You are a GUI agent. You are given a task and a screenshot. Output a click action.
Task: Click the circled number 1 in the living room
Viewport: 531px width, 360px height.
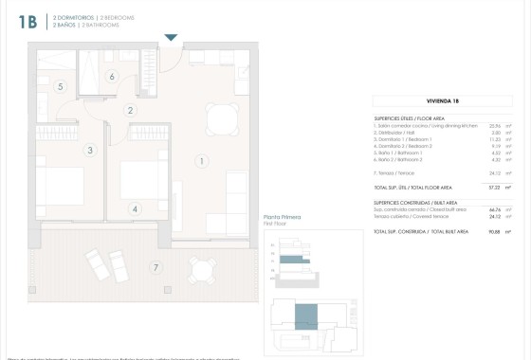(202, 161)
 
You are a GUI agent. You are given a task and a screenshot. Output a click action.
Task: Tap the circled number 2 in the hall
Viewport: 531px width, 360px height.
(130, 111)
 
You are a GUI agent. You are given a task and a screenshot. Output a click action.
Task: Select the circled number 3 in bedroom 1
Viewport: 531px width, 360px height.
(90, 150)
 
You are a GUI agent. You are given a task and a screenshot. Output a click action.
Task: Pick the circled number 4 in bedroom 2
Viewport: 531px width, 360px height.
(136, 209)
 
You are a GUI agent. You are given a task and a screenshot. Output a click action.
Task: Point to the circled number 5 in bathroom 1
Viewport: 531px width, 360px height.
(60, 87)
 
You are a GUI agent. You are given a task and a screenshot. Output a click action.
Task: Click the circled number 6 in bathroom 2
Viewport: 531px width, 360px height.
(111, 77)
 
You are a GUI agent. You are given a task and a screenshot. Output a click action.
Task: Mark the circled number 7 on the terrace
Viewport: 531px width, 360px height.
(155, 268)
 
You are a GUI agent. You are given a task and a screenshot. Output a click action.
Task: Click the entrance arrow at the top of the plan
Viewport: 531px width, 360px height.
(171, 38)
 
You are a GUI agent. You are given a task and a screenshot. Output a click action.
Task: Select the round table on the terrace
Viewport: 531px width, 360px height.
(200, 272)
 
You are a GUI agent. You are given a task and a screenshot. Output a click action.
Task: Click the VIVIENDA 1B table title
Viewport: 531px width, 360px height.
(443, 99)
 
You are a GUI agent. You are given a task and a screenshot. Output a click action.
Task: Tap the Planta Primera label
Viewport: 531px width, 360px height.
(282, 218)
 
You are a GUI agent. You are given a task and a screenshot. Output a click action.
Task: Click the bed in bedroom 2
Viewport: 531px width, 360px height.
(143, 181)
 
